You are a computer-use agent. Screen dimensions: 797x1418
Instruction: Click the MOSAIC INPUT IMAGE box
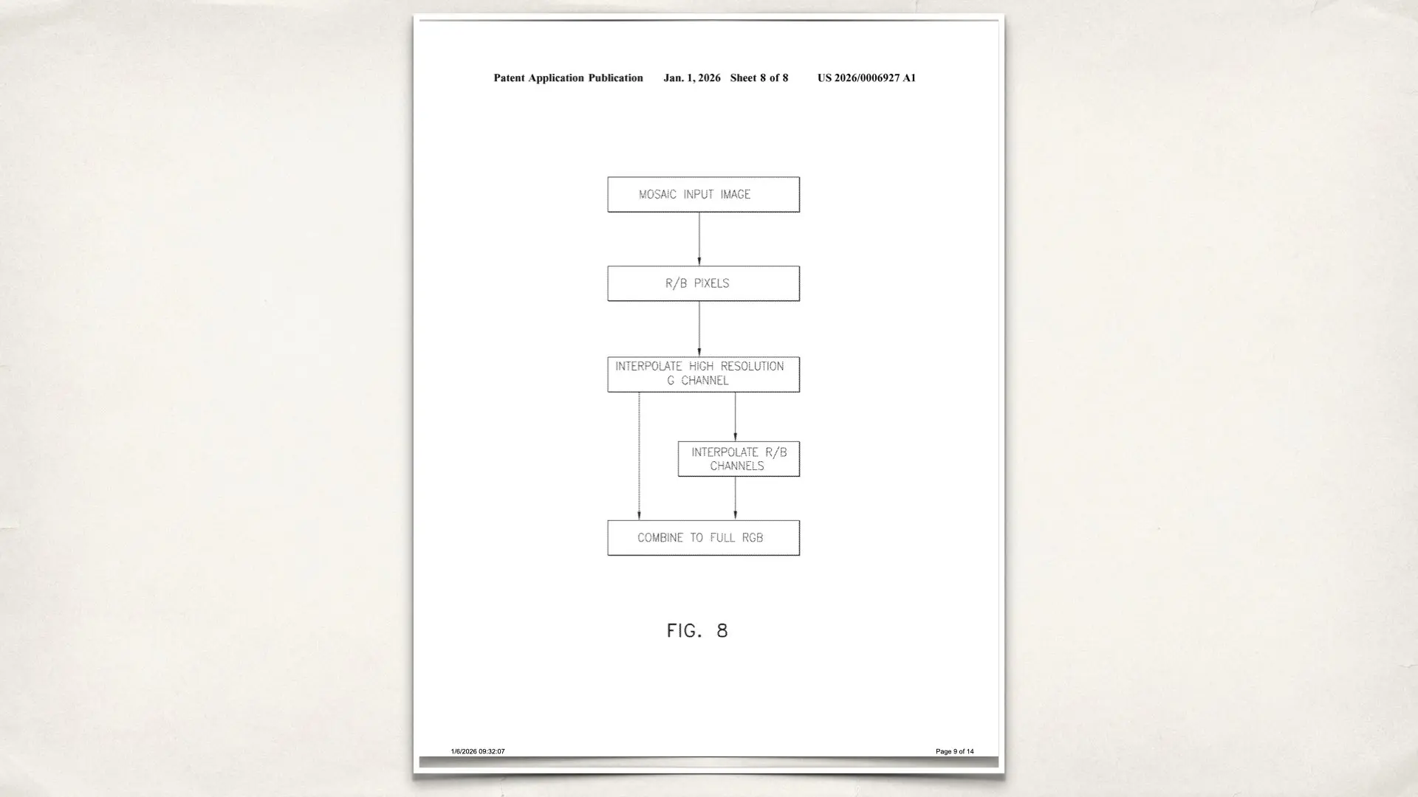tap(703, 194)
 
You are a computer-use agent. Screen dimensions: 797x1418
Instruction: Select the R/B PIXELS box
tap(703, 283)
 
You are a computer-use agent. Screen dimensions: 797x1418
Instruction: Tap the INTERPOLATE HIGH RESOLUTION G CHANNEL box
tap(703, 374)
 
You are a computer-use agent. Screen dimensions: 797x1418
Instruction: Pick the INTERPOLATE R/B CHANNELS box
tap(739, 459)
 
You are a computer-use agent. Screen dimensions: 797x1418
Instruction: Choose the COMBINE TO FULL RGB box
tap(703, 538)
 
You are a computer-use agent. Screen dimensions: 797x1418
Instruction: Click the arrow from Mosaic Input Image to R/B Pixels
tap(699, 238)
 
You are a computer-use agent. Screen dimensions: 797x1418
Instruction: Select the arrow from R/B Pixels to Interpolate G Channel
tap(699, 328)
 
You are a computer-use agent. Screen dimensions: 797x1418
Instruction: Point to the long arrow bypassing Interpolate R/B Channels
tap(639, 455)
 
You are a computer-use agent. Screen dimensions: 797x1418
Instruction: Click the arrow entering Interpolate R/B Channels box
tap(735, 416)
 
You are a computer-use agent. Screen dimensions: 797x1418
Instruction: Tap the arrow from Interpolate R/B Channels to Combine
tap(735, 498)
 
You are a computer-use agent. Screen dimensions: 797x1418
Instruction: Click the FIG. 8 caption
tap(697, 631)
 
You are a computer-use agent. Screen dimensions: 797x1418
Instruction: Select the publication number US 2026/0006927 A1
tap(866, 78)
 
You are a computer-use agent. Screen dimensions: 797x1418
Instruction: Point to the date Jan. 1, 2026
tap(692, 78)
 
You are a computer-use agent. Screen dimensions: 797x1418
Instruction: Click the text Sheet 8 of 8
tap(759, 78)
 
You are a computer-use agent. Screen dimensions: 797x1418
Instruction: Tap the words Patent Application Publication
tap(568, 78)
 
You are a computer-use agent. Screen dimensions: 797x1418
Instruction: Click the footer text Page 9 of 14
tap(954, 751)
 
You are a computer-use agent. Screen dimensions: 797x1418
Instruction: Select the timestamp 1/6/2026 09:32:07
tap(478, 751)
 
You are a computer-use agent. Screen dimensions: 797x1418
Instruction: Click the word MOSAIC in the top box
tap(657, 195)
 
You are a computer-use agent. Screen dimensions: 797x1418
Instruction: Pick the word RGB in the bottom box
tap(753, 538)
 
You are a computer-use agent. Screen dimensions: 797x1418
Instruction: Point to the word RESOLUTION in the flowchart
tap(752, 366)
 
